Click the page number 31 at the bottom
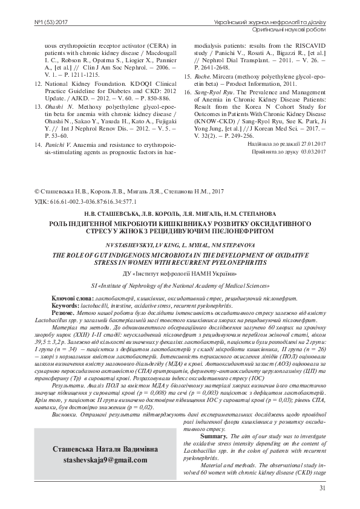(322, 488)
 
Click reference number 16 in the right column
(188, 109)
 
